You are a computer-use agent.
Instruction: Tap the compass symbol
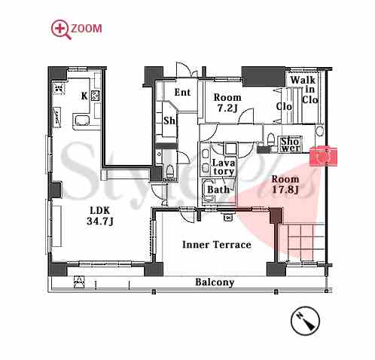pos(305,321)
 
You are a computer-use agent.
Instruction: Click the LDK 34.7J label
pos(100,215)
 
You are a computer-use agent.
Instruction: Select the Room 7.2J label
pos(227,102)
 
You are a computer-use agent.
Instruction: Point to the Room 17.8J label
pos(285,185)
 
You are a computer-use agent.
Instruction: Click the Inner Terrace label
pos(217,245)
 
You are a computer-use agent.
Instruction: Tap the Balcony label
pos(215,282)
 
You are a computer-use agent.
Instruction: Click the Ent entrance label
pos(182,93)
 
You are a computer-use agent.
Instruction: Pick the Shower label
pos(290,145)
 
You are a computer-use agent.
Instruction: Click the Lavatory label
pos(224,167)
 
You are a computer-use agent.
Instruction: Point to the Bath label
pos(218,190)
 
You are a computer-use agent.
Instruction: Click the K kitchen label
pos(84,96)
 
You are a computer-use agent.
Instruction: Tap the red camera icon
pos(323,156)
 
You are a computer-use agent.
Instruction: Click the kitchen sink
pos(82,121)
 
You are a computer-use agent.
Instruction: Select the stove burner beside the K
pos(96,96)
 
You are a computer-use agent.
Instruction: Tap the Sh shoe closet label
pos(169,121)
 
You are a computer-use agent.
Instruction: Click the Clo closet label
pos(284,106)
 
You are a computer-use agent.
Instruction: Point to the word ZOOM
pos(87,29)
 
